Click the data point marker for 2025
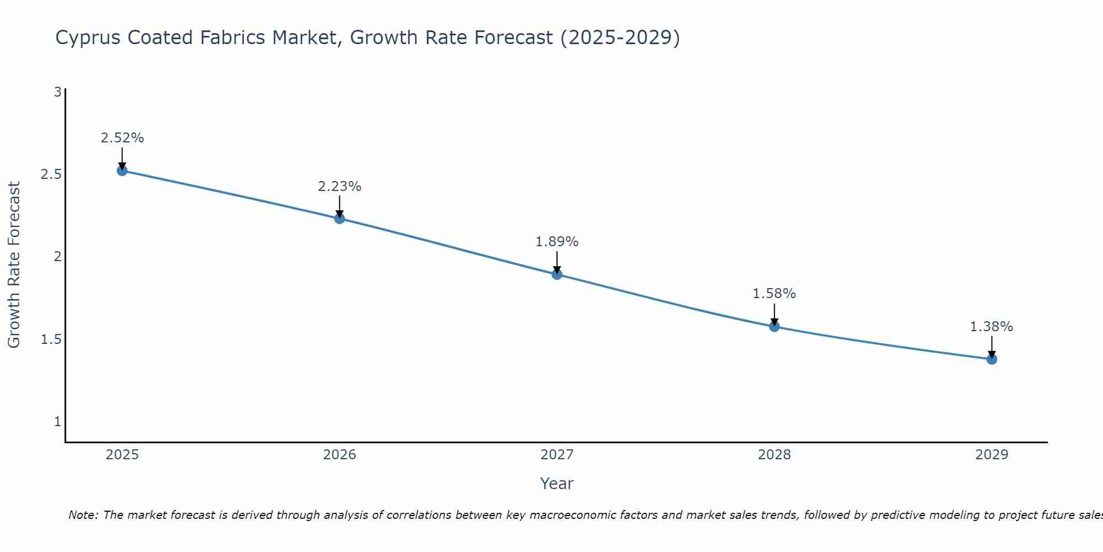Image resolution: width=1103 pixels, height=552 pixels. pyautogui.click(x=122, y=171)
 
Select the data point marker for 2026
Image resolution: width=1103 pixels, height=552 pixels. pyautogui.click(x=339, y=219)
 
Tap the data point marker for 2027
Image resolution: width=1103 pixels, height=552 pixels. pyautogui.click(x=557, y=274)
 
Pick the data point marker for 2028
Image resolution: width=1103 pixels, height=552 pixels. pyautogui.click(x=774, y=326)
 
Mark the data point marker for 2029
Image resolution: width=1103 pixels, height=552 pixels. pyautogui.click(x=992, y=359)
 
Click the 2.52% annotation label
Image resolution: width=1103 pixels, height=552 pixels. pyautogui.click(x=122, y=138)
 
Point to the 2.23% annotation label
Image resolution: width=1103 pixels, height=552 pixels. pyautogui.click(x=339, y=187)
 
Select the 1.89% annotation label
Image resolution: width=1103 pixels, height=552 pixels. pyautogui.click(x=557, y=242)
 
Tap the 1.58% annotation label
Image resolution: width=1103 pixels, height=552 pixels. pyautogui.click(x=774, y=294)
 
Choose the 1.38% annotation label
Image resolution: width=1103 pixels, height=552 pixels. pyautogui.click(x=992, y=327)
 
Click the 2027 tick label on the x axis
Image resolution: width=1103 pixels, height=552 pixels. pyautogui.click(x=557, y=455)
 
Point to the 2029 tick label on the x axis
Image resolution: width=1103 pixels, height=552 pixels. pyautogui.click(x=992, y=455)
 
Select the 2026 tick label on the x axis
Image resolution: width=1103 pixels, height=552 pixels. pyautogui.click(x=339, y=455)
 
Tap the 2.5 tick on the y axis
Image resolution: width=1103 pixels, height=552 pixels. pyautogui.click(x=51, y=174)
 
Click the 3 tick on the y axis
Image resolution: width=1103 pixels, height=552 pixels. pyautogui.click(x=57, y=92)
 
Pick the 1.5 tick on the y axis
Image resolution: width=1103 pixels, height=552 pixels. pyautogui.click(x=51, y=339)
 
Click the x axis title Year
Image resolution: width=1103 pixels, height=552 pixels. pyautogui.click(x=557, y=484)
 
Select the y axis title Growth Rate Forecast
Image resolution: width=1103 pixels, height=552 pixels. pyautogui.click(x=14, y=265)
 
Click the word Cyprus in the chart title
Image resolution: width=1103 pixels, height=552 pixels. pyautogui.click(x=88, y=38)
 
